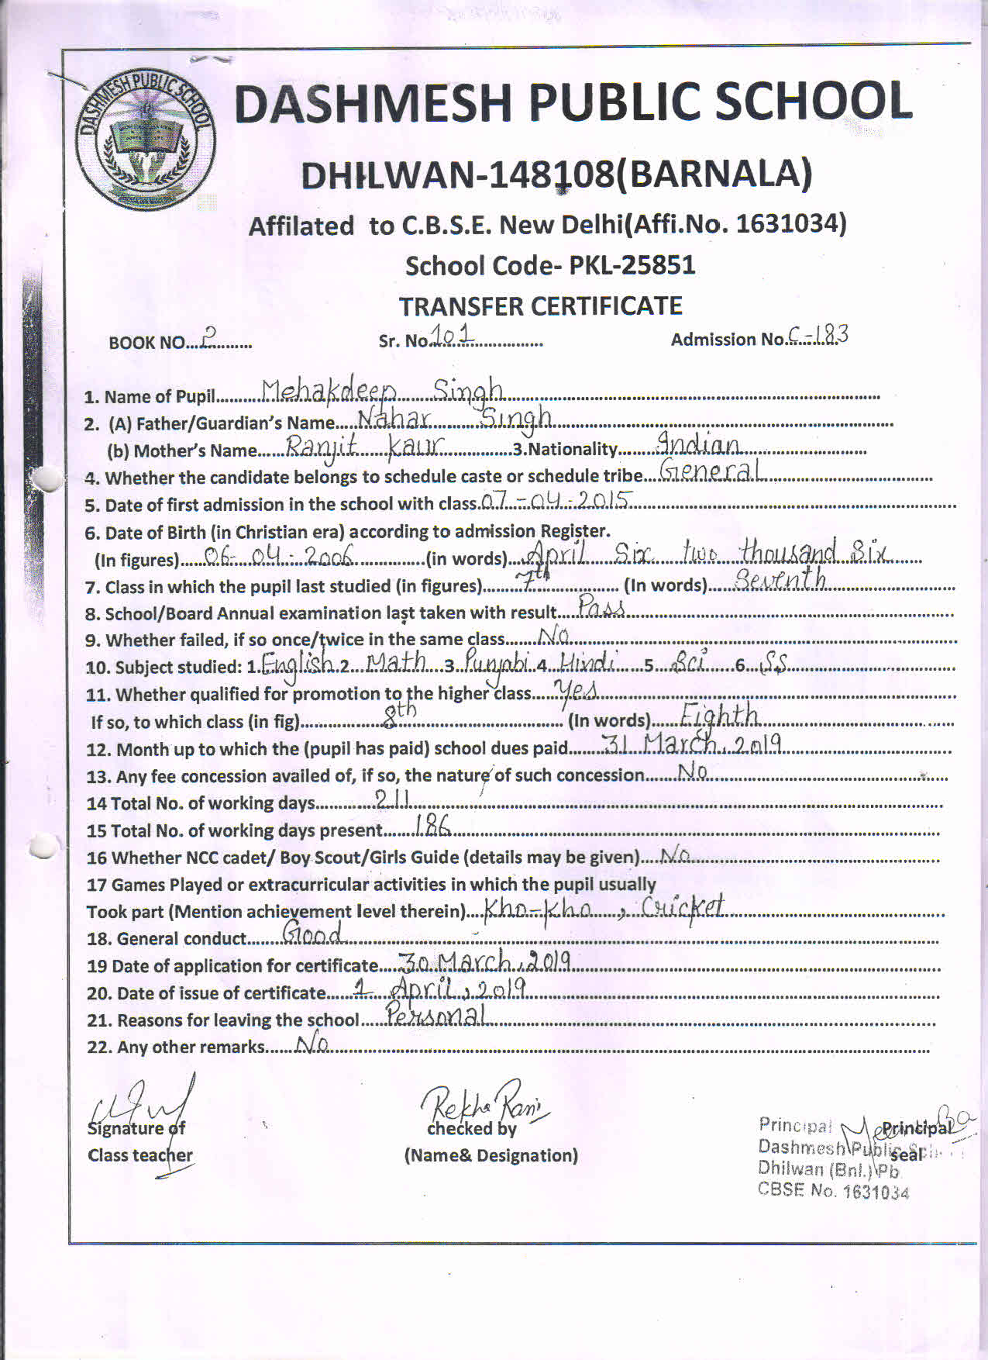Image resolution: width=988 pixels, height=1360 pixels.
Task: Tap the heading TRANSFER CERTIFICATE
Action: click(x=540, y=306)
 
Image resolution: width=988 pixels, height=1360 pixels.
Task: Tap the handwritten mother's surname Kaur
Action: click(x=416, y=446)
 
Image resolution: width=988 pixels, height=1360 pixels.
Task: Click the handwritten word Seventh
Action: click(x=780, y=579)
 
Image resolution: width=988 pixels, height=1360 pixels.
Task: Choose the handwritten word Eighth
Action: click(x=718, y=715)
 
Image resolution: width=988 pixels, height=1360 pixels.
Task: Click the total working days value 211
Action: click(x=391, y=799)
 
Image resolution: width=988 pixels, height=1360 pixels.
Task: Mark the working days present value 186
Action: click(x=432, y=827)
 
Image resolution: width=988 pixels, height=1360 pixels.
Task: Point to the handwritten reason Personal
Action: click(x=436, y=1014)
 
